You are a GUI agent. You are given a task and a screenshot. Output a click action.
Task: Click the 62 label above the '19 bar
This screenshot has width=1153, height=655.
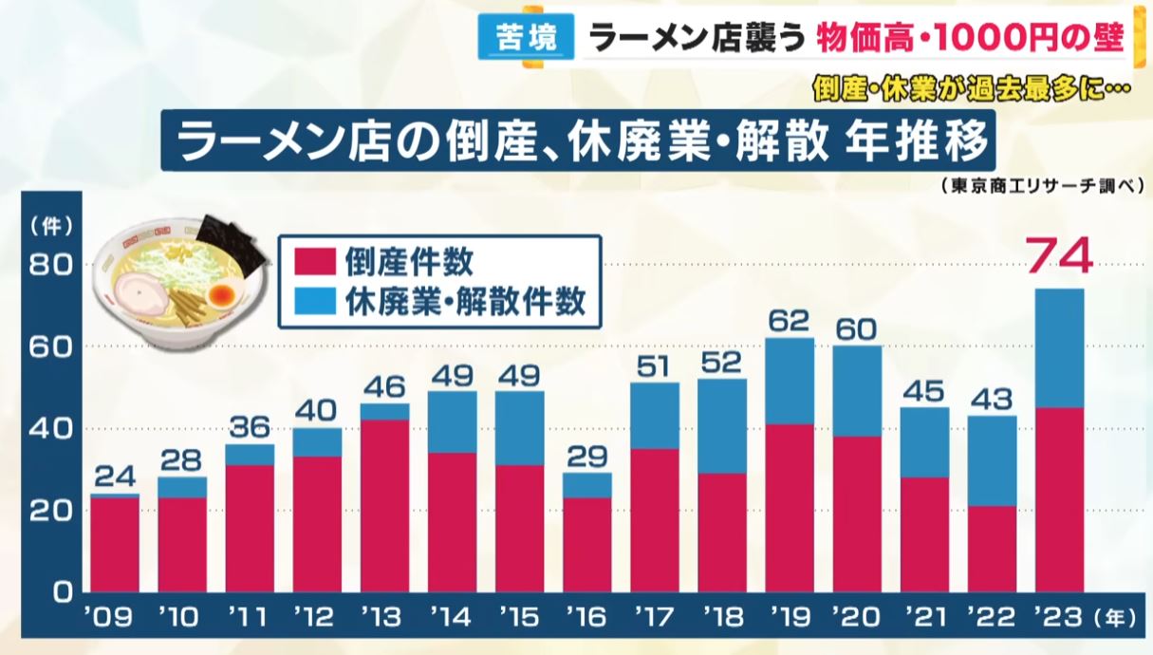pyautogui.click(x=790, y=320)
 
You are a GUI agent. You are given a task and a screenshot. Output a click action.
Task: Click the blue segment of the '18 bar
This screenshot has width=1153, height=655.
pyautogui.click(x=722, y=426)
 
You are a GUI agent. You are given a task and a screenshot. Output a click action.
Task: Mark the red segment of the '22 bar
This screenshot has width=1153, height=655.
pyautogui.click(x=992, y=549)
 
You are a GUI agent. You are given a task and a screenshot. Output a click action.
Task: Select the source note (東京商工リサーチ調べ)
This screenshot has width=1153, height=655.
pyautogui.click(x=1040, y=187)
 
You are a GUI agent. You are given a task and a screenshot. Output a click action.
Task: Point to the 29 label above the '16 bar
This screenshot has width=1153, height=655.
pyautogui.click(x=586, y=456)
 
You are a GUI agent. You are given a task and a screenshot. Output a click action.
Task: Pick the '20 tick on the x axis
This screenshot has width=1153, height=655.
pyautogui.click(x=856, y=619)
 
